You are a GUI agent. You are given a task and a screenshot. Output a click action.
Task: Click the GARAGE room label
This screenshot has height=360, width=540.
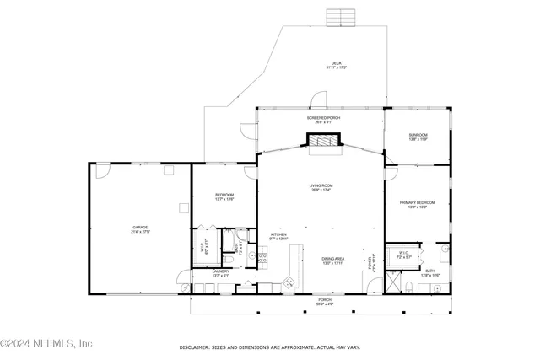140,228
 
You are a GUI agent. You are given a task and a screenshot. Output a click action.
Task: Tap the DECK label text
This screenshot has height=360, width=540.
336,62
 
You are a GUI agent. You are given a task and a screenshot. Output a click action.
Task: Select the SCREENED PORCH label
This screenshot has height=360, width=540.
321,118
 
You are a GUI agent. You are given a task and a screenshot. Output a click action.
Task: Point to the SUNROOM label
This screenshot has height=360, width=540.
418,135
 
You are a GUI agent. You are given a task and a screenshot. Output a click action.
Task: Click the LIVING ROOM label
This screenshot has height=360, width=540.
321,185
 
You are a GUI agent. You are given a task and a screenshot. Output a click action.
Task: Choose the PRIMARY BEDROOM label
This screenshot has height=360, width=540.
418,202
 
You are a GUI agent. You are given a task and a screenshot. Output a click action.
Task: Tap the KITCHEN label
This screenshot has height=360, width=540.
278,234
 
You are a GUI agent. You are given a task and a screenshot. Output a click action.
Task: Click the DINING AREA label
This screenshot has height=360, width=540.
332,259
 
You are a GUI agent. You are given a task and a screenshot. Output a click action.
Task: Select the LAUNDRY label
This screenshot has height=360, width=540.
221,271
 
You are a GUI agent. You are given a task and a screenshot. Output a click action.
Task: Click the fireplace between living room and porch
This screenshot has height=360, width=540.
321,144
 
